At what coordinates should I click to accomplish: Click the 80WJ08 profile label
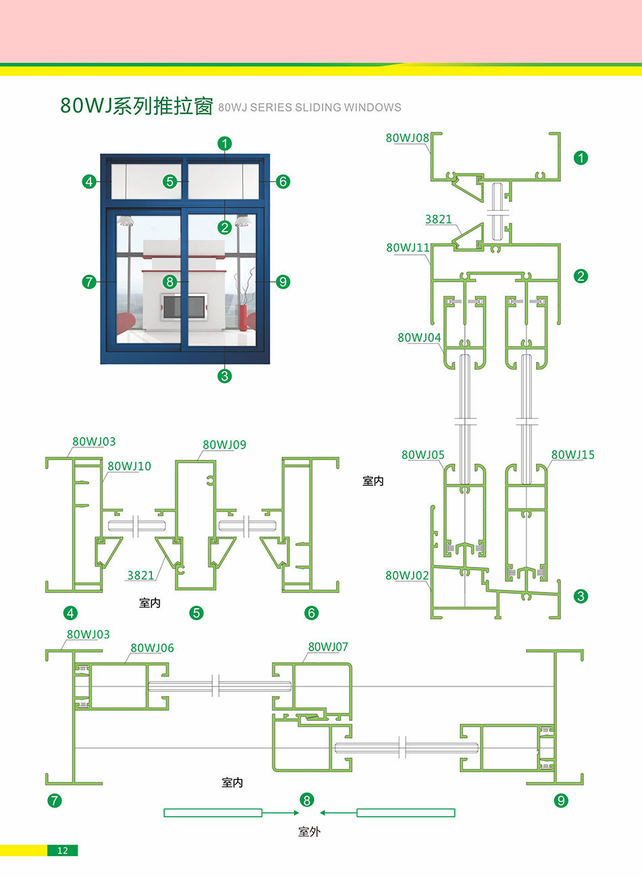(407, 138)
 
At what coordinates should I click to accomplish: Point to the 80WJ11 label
(408, 248)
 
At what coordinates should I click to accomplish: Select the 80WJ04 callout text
(419, 338)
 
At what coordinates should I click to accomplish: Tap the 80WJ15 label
(572, 455)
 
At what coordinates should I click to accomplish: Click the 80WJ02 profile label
(407, 576)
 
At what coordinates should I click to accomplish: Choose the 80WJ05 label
(423, 455)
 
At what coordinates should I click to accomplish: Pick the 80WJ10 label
(129, 466)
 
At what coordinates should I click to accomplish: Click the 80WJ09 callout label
(224, 445)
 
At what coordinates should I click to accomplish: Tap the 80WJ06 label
(152, 648)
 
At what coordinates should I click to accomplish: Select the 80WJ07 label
(328, 647)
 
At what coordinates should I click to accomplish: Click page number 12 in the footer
(62, 851)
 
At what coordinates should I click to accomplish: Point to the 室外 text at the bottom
(309, 832)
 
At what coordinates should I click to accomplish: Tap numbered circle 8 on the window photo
(170, 282)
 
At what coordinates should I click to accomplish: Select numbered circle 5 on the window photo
(170, 181)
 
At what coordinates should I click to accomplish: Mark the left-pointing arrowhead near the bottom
(324, 813)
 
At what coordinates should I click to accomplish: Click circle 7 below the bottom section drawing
(55, 801)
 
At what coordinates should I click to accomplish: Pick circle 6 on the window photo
(282, 181)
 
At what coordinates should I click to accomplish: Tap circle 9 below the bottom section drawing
(561, 801)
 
